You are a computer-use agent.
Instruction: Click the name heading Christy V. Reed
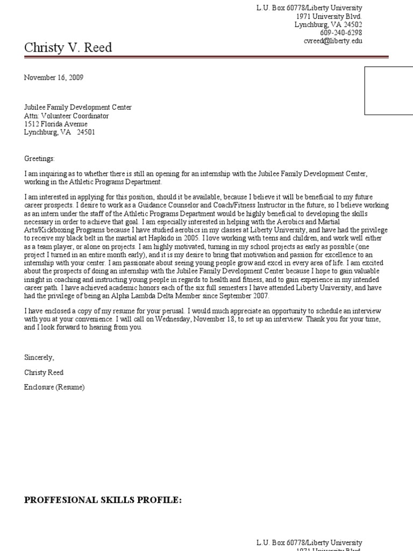click(x=68, y=48)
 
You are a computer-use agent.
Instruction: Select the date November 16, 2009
click(x=54, y=77)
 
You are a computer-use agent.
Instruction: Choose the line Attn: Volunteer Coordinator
click(x=66, y=116)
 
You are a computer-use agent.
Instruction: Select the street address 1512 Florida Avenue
click(x=56, y=124)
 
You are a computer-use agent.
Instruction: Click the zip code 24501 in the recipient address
click(x=86, y=132)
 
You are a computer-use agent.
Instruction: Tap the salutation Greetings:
click(x=39, y=159)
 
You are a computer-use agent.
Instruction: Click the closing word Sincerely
click(x=39, y=357)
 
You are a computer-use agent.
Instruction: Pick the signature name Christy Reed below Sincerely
click(x=44, y=372)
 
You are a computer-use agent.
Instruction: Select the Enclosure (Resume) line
click(x=54, y=387)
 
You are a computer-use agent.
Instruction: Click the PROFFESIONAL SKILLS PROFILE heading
click(x=103, y=500)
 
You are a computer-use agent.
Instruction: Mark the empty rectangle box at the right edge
click(x=389, y=91)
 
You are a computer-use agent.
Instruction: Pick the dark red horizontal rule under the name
click(x=206, y=56)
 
